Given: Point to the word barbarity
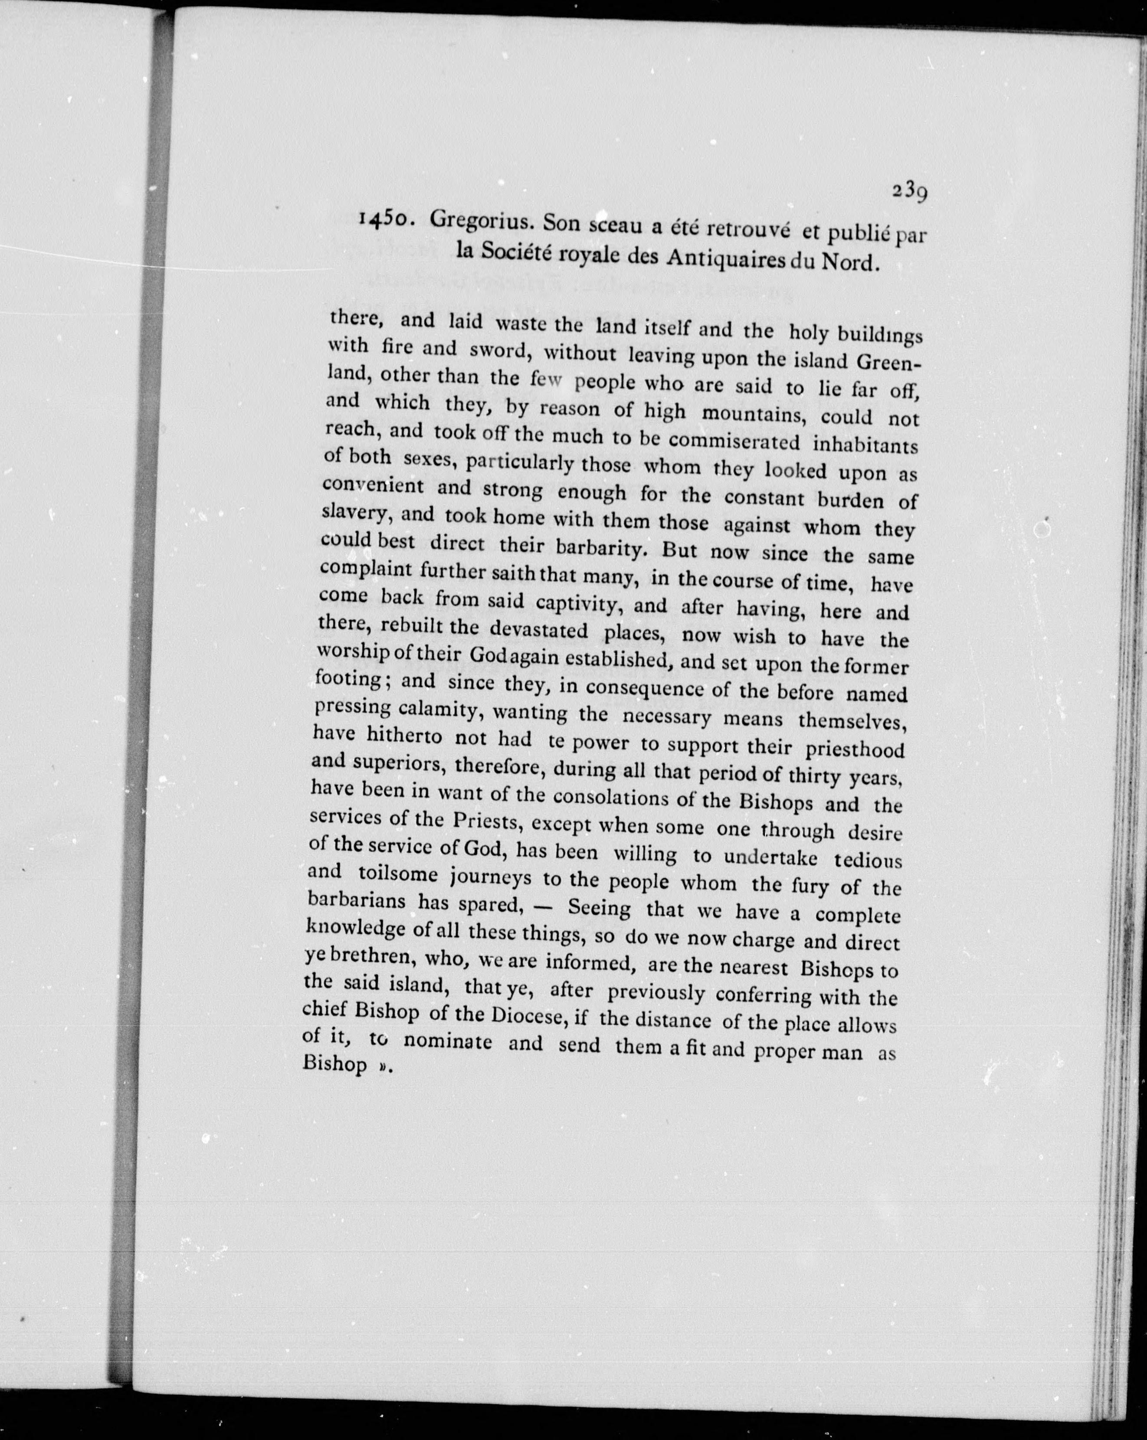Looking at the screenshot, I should tap(600, 548).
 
